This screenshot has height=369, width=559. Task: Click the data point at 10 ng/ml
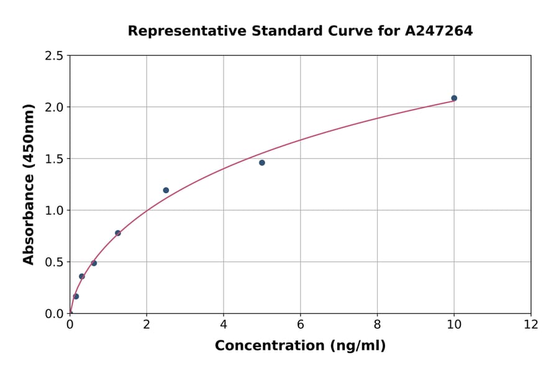(454, 98)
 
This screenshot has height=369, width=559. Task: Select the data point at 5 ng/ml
(262, 163)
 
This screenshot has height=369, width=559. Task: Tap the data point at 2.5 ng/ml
(166, 190)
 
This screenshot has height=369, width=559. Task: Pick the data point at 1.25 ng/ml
(118, 233)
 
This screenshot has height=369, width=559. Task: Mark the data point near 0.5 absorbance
(94, 263)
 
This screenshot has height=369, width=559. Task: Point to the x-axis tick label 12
(531, 325)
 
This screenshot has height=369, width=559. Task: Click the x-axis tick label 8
(377, 325)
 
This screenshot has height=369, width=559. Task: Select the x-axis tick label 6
(301, 325)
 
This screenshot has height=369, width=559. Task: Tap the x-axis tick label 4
(224, 325)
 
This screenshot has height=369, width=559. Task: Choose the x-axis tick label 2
(147, 325)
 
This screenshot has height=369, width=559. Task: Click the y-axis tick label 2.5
(54, 56)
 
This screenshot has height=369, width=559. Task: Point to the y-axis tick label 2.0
(54, 107)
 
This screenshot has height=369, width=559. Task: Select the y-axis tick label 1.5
(54, 159)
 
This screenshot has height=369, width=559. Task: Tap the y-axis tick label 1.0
(54, 211)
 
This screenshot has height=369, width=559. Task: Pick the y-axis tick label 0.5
(54, 262)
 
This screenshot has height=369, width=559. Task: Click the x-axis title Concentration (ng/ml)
(300, 346)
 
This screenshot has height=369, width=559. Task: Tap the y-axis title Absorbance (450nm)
(29, 184)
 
